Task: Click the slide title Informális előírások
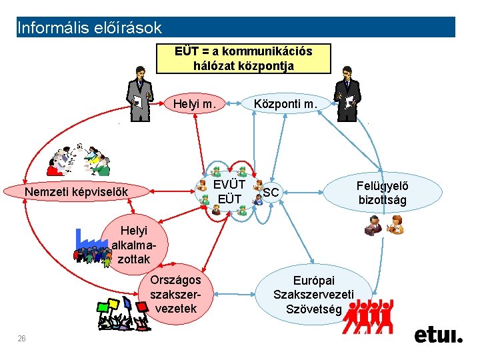[x=89, y=28]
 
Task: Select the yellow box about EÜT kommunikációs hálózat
[x=243, y=59]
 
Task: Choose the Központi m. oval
[x=286, y=104]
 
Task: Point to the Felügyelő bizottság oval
[x=383, y=193]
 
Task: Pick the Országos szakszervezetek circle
[x=175, y=294]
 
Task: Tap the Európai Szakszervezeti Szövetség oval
[x=313, y=295]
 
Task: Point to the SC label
[x=271, y=193]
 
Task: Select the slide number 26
[x=21, y=339]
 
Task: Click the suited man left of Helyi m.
[x=140, y=94]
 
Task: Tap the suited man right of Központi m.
[x=347, y=94]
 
